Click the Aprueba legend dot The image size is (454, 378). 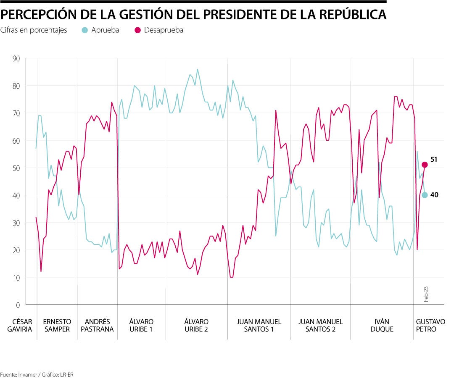tap(85, 30)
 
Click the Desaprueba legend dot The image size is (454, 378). tap(137, 30)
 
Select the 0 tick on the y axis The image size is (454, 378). tap(18, 305)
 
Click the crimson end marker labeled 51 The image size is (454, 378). tap(425, 165)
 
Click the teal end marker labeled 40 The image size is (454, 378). tap(425, 195)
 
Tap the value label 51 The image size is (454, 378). tap(434, 160)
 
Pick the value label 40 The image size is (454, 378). tap(434, 195)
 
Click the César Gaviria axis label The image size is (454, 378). tap(19, 325)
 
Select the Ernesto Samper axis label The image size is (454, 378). tap(57, 325)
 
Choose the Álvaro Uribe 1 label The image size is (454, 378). tap(141, 325)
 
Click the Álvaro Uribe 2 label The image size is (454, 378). tap(196, 325)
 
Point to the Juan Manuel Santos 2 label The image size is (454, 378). tap(320, 325)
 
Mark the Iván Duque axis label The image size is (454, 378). tap(382, 325)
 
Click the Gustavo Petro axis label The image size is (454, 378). tap(430, 325)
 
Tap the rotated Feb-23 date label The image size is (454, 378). tap(426, 294)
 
